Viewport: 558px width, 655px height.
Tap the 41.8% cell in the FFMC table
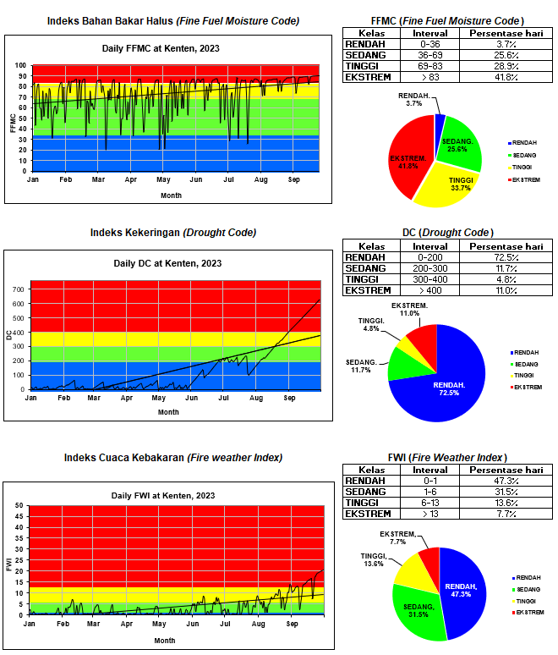506,77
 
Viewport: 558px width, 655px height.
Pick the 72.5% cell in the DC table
506,256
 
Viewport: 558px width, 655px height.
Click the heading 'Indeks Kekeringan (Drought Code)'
173,232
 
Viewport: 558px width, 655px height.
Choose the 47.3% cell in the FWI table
506,481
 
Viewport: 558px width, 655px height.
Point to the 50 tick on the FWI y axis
19,506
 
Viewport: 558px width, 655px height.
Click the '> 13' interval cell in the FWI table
424,514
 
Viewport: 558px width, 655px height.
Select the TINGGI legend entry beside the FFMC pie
524,167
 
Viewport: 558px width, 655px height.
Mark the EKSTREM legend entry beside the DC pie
526,387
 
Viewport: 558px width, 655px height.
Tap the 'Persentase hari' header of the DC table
506,245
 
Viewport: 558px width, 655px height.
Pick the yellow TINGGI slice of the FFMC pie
451,184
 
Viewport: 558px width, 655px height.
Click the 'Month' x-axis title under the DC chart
168,412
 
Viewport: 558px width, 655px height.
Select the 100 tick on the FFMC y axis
20,65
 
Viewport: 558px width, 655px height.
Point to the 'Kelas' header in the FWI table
372,470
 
